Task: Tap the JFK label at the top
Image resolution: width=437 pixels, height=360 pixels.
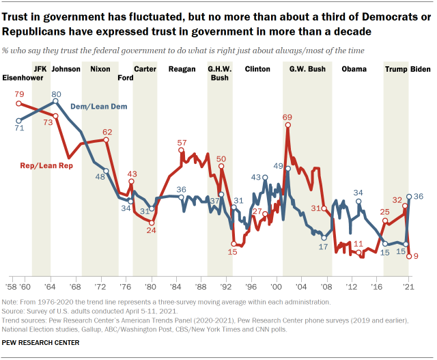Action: pos(41,69)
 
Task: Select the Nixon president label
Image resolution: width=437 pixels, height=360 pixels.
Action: pos(100,69)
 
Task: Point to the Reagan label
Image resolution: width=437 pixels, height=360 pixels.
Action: pos(182,69)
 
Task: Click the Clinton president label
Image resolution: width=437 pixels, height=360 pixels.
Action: pos(257,69)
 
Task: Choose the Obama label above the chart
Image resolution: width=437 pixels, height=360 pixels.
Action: pos(354,69)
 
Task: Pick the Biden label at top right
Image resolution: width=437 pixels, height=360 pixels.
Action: pos(420,69)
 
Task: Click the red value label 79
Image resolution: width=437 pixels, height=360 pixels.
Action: pos(20,94)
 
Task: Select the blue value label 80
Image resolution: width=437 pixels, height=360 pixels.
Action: pos(57,94)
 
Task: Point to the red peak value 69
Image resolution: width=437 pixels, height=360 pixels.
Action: pos(287,117)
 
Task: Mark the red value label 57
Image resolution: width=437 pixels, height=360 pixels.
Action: pos(182,143)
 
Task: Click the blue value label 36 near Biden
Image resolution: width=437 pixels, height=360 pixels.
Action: pos(419,196)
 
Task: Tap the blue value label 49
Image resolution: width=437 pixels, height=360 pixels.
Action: pos(278,165)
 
